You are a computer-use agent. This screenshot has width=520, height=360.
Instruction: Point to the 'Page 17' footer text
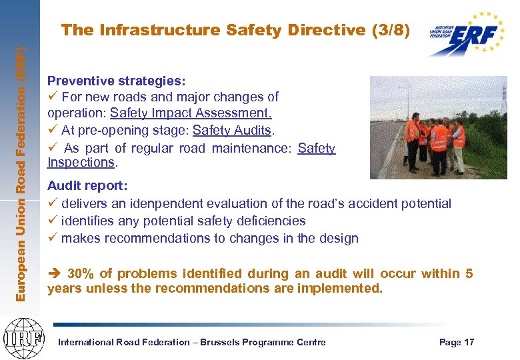click(x=457, y=343)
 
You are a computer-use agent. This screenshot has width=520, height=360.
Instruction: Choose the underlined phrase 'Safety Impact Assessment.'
click(x=191, y=113)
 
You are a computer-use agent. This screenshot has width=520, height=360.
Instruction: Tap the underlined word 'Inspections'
click(x=81, y=163)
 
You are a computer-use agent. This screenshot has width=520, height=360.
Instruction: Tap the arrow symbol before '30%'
click(x=55, y=273)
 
